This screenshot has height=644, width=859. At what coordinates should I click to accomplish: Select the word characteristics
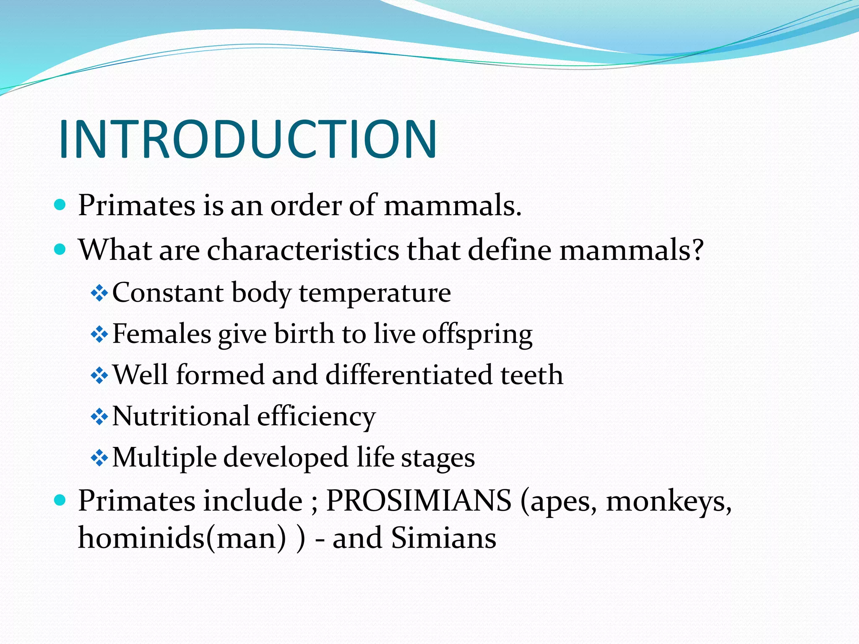(x=303, y=250)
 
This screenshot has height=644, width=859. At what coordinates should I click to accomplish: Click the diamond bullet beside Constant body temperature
(x=99, y=293)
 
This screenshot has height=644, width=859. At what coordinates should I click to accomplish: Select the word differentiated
(x=409, y=375)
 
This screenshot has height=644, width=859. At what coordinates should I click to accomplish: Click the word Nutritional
(x=181, y=416)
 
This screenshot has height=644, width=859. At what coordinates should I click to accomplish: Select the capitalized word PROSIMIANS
(x=419, y=501)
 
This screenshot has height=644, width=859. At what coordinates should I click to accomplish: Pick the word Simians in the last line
(x=443, y=538)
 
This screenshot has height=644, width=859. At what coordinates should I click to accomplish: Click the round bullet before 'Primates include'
(x=60, y=500)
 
